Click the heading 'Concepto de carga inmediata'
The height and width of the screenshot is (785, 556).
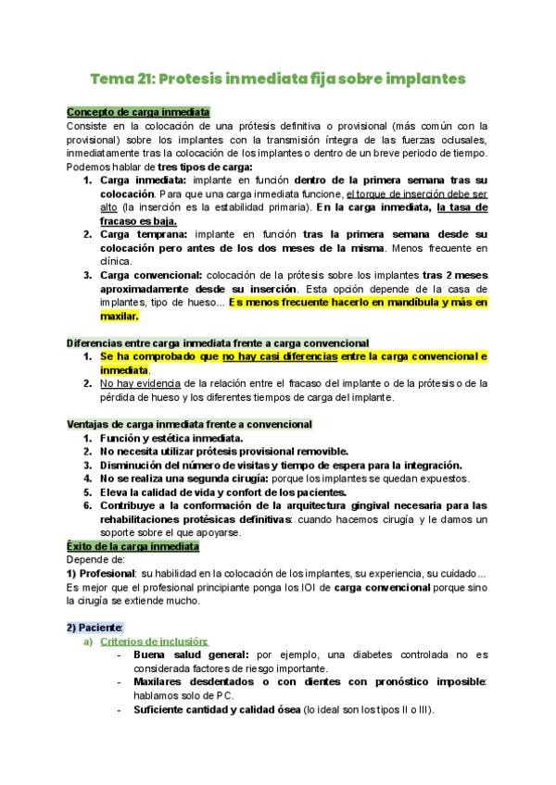(x=139, y=111)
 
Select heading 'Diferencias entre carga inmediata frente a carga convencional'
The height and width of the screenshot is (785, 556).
(x=218, y=343)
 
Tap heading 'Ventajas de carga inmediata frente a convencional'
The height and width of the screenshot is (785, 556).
(x=190, y=424)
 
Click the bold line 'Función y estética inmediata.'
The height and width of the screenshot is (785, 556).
(x=171, y=438)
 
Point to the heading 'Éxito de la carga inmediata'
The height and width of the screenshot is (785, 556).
(x=140, y=547)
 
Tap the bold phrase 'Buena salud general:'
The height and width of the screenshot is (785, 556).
(x=192, y=655)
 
